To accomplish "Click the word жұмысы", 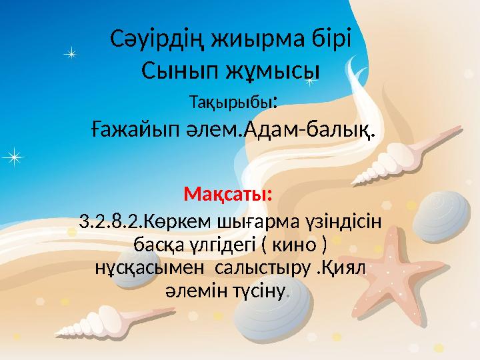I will (274, 69).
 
